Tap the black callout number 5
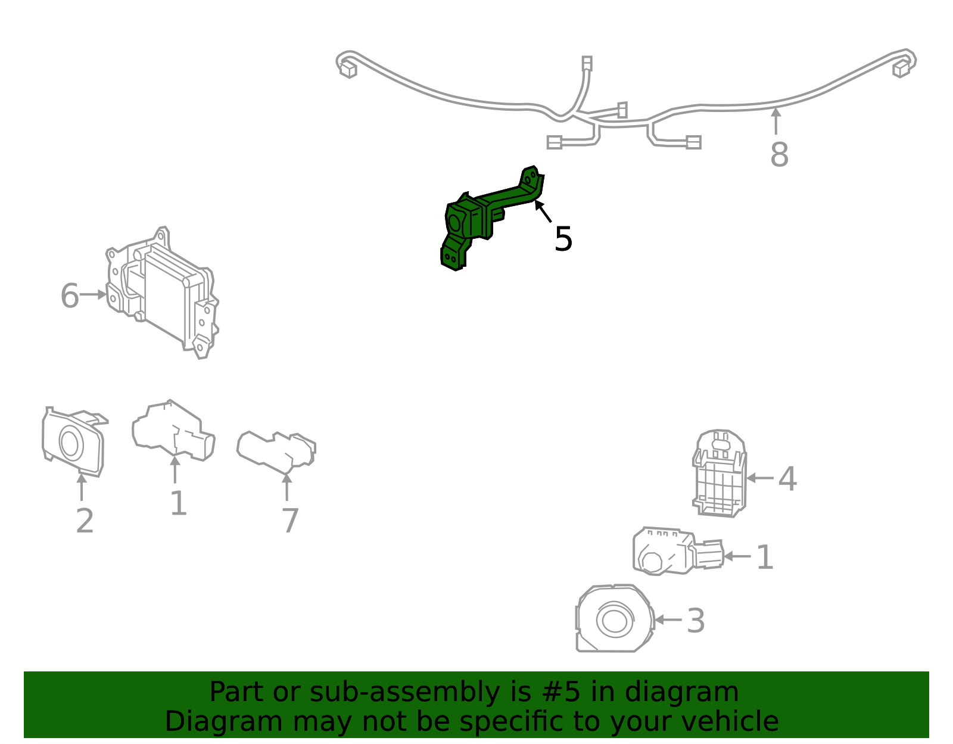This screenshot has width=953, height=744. tap(563, 239)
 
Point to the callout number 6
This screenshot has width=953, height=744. tap(70, 295)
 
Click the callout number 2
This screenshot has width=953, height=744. tap(85, 521)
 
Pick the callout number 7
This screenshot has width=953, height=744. tap(290, 521)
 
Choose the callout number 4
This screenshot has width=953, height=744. tap(787, 479)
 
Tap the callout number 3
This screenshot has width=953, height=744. tap(696, 621)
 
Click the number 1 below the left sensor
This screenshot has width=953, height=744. tap(179, 503)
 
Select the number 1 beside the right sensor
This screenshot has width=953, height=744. tap(765, 557)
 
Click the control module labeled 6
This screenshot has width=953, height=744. tap(162, 293)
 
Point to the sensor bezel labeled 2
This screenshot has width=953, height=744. tap(74, 442)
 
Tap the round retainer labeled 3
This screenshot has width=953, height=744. tap(615, 619)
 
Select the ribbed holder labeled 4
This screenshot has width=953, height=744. tap(720, 474)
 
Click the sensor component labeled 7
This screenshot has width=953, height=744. tap(276, 453)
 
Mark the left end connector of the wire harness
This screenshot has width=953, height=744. tap(348, 70)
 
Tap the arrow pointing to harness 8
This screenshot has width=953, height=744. tap(776, 121)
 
